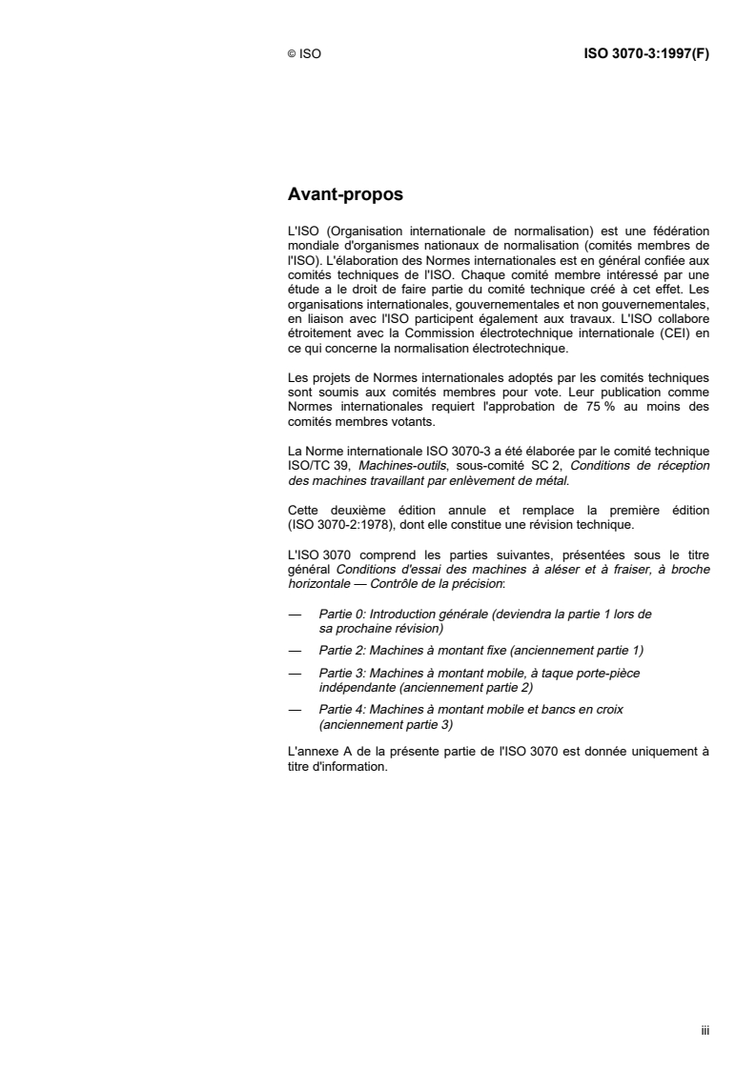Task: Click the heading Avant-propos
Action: point(345,195)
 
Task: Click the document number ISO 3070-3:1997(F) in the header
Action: point(645,54)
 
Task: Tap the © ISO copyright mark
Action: point(304,55)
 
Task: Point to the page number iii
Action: point(705,1030)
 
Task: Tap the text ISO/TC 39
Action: point(318,453)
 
